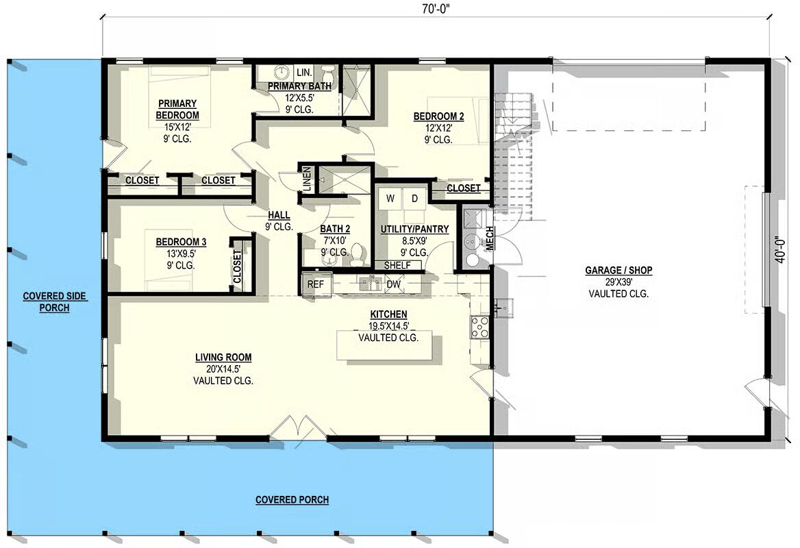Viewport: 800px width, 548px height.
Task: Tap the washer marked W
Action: coord(390,199)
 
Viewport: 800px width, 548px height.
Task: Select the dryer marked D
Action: coord(415,199)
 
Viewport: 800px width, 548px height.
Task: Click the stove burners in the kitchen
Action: coord(479,327)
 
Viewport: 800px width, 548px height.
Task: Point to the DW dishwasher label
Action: coord(393,284)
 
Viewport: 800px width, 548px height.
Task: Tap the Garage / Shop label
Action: coord(618,270)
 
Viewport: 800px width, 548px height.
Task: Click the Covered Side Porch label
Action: coord(55,301)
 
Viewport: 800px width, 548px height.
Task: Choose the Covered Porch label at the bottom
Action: coord(292,499)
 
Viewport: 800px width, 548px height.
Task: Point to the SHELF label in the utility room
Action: coord(397,265)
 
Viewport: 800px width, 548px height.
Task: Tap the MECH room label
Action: coord(489,238)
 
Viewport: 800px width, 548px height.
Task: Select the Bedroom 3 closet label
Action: coord(237,266)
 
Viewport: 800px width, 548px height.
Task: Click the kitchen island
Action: coord(384,345)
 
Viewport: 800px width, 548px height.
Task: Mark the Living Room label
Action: coord(223,358)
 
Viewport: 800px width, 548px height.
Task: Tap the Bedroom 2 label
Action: coord(439,116)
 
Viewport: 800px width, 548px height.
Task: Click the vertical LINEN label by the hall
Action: coord(307,179)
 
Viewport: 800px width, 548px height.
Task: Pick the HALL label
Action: coord(279,215)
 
